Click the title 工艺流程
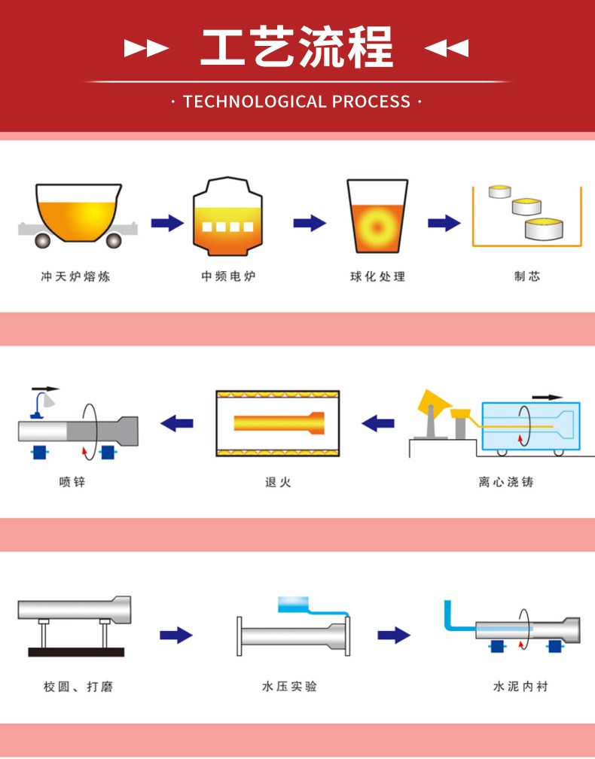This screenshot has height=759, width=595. [296, 47]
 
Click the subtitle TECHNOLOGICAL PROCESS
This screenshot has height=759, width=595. [296, 102]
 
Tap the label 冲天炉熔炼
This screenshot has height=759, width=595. [75, 276]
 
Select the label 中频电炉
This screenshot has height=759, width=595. [228, 276]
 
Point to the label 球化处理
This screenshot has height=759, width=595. [377, 276]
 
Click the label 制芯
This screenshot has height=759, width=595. [527, 276]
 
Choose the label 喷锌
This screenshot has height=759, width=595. [72, 482]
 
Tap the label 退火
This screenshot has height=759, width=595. [278, 482]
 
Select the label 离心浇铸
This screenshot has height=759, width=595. [506, 482]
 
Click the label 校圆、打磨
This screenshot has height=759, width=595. [78, 687]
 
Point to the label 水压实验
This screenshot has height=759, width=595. [289, 686]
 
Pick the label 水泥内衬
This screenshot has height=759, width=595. [520, 686]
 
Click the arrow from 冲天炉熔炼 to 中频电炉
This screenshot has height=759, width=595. [167, 223]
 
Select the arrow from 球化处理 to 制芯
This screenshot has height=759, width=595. [444, 223]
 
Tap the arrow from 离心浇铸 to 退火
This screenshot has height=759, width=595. [378, 423]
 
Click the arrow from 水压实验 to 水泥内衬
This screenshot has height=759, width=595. [394, 635]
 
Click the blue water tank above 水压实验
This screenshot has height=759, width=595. [294, 605]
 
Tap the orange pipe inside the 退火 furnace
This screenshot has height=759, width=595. [279, 423]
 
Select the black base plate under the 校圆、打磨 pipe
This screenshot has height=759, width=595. [76, 652]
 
